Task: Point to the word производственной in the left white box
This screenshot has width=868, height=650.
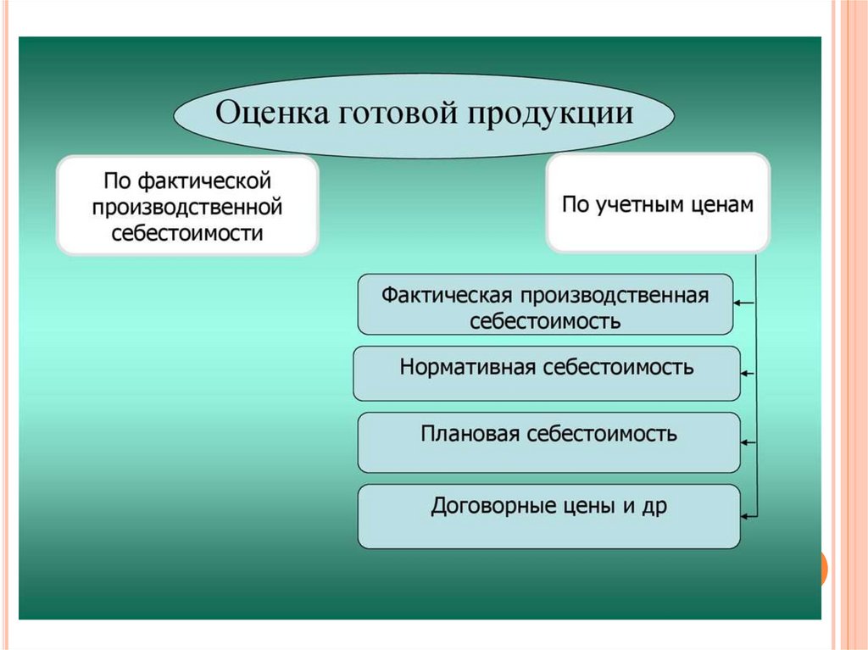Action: [x=187, y=207]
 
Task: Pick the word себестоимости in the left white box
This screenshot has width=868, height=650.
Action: [x=187, y=232]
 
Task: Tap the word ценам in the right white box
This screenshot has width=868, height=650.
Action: [x=722, y=206]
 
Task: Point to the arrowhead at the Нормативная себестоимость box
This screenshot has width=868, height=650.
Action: [x=746, y=372]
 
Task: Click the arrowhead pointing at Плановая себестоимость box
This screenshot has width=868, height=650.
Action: [x=746, y=442]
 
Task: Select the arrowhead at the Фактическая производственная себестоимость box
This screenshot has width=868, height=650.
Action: [x=739, y=302]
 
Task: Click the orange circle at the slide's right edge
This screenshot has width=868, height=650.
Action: [x=823, y=569]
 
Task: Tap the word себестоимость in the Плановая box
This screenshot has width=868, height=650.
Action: [x=602, y=434]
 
